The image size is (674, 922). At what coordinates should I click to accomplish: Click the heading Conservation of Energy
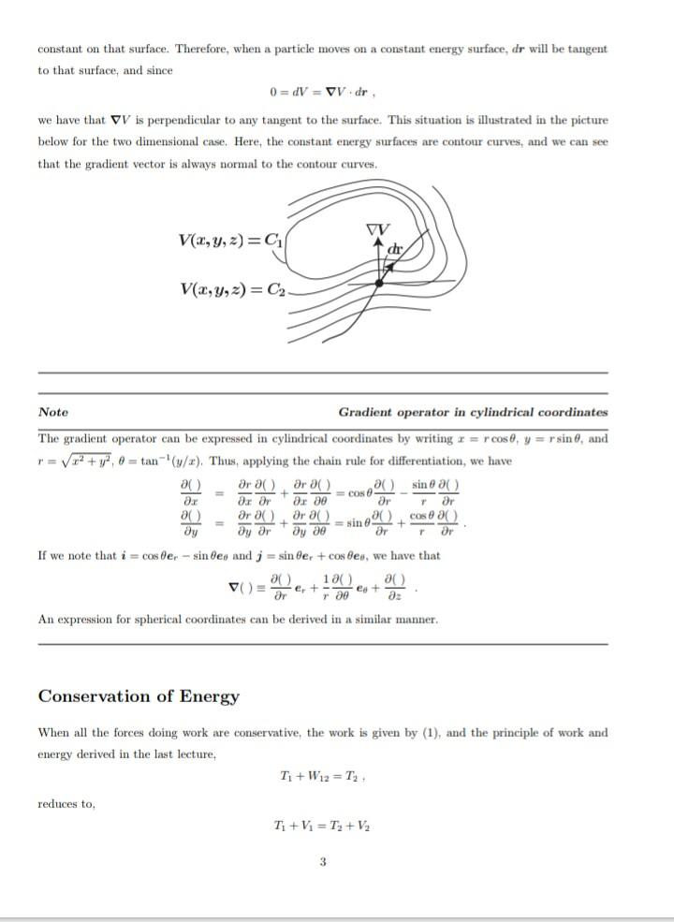point(139,696)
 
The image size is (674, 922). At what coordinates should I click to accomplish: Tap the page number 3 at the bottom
point(323,862)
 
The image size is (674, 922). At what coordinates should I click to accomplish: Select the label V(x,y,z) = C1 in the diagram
point(228,240)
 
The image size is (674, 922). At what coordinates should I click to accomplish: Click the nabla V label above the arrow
point(378,230)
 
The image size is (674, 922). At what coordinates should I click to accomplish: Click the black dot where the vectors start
point(378,282)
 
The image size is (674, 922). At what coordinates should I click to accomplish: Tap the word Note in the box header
point(53,412)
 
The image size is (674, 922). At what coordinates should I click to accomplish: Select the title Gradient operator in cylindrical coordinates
point(473,412)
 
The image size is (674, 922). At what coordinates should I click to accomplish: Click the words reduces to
point(66,803)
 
